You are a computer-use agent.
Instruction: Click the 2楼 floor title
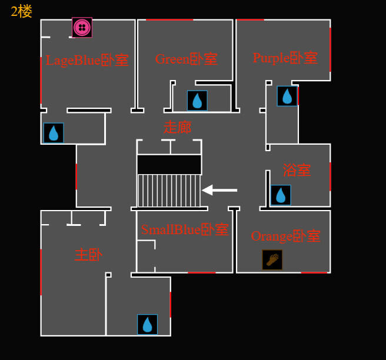[21, 11]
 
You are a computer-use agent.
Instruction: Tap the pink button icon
[82, 27]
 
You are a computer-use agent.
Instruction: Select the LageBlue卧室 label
[87, 60]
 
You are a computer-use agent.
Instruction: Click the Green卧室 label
[186, 59]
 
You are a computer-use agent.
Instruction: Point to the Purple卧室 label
[285, 58]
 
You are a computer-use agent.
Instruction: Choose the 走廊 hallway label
[177, 127]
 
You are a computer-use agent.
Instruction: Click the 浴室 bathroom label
[297, 170]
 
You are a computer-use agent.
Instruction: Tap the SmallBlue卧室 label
[184, 229]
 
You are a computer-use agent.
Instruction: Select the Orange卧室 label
[285, 236]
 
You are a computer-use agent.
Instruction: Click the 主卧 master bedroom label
[88, 255]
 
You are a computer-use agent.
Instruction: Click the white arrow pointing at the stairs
[219, 190]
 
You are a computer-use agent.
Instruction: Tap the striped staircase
[169, 190]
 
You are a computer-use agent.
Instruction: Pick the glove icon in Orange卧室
[272, 259]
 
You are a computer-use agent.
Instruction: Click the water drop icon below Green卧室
[197, 101]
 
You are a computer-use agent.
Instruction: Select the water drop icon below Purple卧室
[287, 96]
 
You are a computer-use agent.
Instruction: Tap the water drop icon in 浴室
[281, 195]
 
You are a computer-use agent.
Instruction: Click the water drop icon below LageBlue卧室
[54, 133]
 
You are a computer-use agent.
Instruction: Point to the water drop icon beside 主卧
[147, 324]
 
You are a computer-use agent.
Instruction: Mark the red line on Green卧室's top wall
[169, 20]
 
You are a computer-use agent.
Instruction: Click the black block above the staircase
[169, 164]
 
